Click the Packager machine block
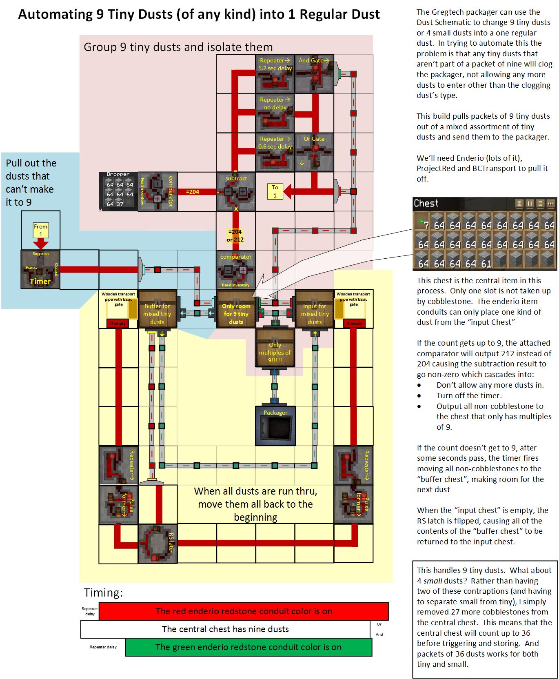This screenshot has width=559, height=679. pos(275,426)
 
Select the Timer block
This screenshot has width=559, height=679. pos(40,269)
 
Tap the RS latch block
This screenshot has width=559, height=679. pos(157,544)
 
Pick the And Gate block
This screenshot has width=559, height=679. pos(314,73)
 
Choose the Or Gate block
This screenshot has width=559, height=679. pos(314,152)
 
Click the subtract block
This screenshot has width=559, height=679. pos(236,191)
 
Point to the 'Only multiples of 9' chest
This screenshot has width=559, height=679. pos(275,348)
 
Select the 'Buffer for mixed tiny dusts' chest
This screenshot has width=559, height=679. pos(157,309)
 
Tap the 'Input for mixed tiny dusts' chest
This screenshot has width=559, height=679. pos(314,309)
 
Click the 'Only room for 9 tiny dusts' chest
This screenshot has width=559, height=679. pos(236,309)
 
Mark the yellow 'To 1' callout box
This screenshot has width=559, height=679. pos(275,191)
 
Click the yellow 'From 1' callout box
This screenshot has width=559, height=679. pos(40,230)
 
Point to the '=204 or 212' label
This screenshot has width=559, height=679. pos(235,235)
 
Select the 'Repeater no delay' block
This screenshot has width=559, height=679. pos(275,113)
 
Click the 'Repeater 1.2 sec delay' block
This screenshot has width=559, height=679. pos(275,73)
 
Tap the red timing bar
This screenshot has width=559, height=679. pos(244,611)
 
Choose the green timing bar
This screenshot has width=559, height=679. pos(248,647)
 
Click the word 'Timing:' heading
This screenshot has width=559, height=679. pos(103,592)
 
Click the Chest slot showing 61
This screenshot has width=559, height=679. pos(486,264)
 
